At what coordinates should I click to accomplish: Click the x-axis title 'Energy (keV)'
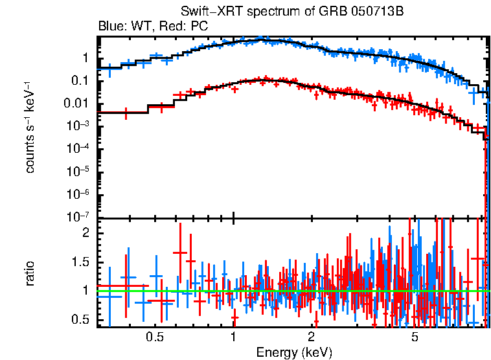[x=294, y=352]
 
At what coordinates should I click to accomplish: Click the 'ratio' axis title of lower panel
[x=30, y=273]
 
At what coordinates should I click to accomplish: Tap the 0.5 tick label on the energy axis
[x=154, y=337]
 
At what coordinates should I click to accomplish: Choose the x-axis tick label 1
[x=233, y=337]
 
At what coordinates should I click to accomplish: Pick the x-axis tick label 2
[x=312, y=337]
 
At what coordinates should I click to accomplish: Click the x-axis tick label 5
[x=415, y=337]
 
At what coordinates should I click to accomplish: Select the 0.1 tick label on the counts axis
[x=80, y=81]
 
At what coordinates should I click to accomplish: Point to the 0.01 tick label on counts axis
[x=76, y=104]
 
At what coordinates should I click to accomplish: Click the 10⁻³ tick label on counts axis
[x=78, y=126]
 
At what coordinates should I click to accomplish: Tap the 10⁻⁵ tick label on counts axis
[x=78, y=172]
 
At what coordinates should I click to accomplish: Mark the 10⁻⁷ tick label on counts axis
[x=78, y=216]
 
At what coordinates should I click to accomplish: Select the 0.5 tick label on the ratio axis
[x=80, y=319]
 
